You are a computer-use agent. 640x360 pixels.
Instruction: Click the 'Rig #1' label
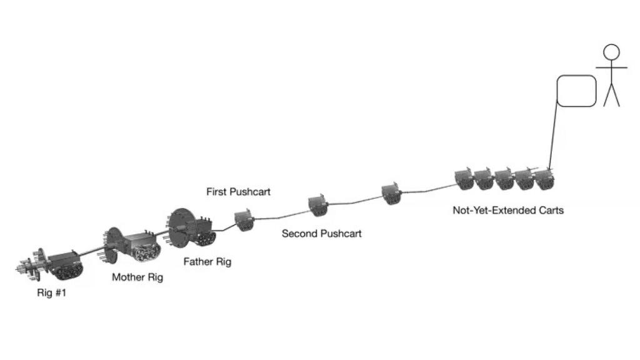tap(51, 291)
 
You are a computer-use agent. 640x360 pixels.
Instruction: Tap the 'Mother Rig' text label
tap(137, 277)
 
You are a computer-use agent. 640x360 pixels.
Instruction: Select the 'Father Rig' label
tap(207, 262)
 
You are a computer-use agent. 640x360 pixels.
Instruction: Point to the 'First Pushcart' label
tap(239, 192)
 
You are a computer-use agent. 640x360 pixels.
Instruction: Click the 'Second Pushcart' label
tap(321, 234)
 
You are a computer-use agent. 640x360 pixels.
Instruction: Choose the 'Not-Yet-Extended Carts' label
tap(507, 211)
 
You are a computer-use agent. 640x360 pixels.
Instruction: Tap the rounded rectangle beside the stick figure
tap(576, 91)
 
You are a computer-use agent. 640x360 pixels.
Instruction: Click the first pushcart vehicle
tap(243, 220)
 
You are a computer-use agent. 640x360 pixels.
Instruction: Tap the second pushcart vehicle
tap(318, 205)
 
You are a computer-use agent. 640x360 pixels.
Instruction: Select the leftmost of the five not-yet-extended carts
tap(464, 178)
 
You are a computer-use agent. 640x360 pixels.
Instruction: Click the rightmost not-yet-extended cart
tap(544, 179)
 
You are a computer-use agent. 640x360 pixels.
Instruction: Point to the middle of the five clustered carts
tap(504, 179)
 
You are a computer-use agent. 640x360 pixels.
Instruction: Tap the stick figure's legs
tap(611, 95)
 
